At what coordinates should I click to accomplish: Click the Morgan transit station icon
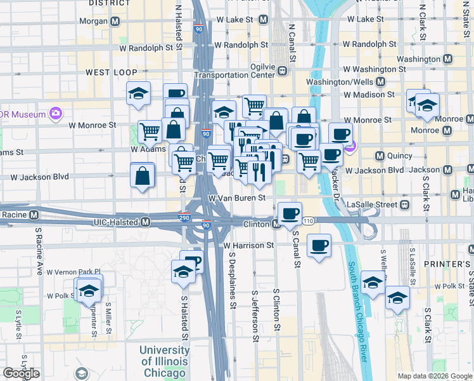pyautogui.click(x=115, y=22)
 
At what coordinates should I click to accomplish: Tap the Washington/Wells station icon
pyautogui.click(x=381, y=82)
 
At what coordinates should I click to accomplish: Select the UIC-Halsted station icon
pyautogui.click(x=146, y=222)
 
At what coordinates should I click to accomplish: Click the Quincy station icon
pyautogui.click(x=380, y=156)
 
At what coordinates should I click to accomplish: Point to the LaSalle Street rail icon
pyautogui.click(x=403, y=204)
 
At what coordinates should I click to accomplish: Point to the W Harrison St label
pyautogui.click(x=248, y=244)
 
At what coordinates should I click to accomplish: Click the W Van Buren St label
pyautogui.click(x=236, y=198)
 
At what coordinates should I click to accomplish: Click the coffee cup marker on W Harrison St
pyautogui.click(x=319, y=244)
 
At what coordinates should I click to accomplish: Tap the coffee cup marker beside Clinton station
pyautogui.click(x=290, y=213)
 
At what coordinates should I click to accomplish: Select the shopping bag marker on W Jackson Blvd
pyautogui.click(x=143, y=175)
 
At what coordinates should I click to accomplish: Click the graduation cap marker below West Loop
pyautogui.click(x=138, y=94)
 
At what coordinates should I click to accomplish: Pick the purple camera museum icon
pyautogui.click(x=56, y=114)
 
